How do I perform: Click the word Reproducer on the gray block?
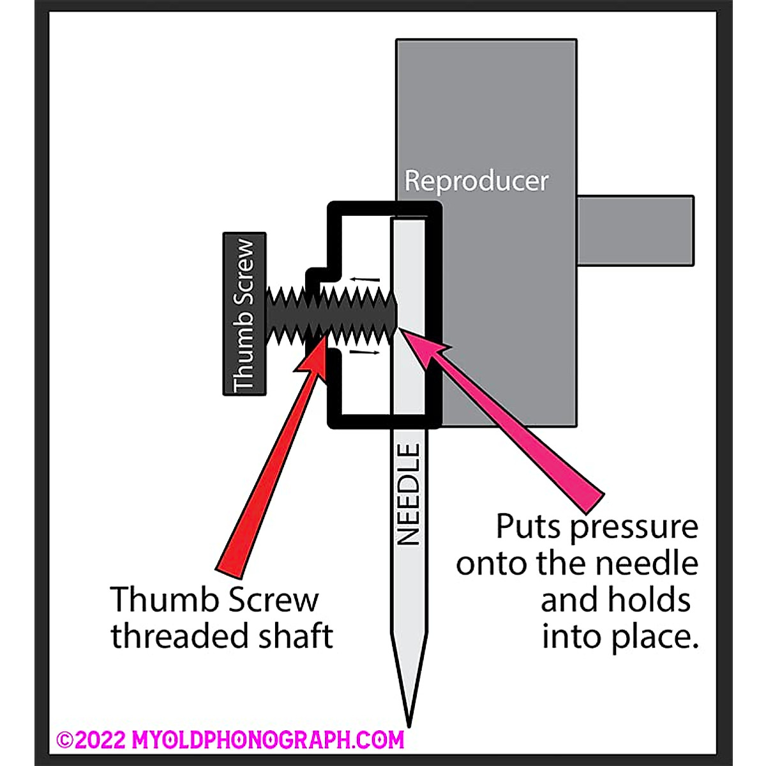(x=476, y=181)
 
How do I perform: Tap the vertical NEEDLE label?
(x=408, y=495)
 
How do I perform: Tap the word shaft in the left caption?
(x=296, y=636)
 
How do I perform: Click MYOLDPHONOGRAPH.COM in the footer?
(x=268, y=740)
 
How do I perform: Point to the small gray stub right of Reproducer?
(x=635, y=230)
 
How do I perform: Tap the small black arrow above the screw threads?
(x=364, y=279)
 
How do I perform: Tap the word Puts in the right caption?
(x=529, y=527)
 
